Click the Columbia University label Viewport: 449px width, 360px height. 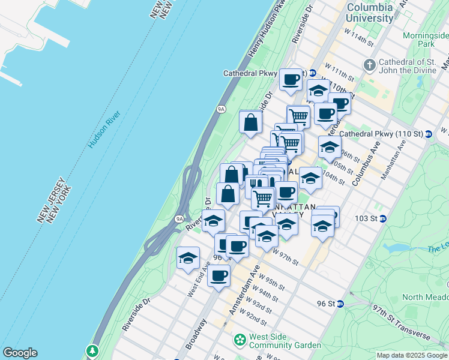(x=370, y=13)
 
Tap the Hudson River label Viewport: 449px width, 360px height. (x=104, y=129)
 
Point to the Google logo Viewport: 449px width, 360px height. (x=20, y=353)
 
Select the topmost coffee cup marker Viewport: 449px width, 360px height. (x=291, y=79)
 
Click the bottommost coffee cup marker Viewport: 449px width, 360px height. (x=218, y=276)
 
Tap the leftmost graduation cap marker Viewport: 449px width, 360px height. (x=188, y=258)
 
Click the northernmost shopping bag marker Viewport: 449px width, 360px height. (x=250, y=122)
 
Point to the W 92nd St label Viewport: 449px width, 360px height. (x=252, y=314)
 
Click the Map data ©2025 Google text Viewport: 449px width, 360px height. (x=412, y=355)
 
